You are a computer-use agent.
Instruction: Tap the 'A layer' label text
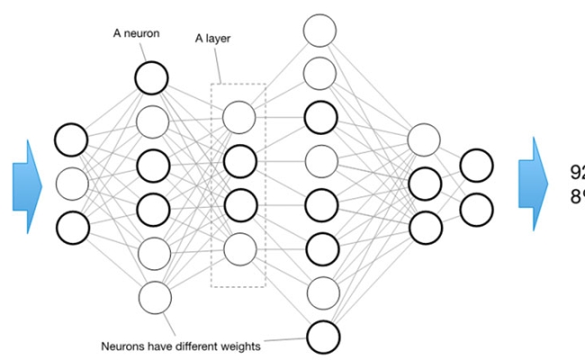point(213,39)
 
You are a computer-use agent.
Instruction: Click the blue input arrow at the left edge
point(27,184)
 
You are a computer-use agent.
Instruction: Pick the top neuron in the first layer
point(72,140)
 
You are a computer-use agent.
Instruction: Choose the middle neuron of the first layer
point(72,184)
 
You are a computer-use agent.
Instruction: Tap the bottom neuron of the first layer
point(72,227)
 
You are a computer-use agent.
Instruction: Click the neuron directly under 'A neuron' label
point(153,77)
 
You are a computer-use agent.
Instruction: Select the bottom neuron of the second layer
point(154,295)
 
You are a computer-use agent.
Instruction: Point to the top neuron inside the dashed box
point(238,117)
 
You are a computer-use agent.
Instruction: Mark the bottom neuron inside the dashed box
point(238,247)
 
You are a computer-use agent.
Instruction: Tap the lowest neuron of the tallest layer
point(322,337)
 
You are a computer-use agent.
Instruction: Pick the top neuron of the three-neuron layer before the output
point(424,139)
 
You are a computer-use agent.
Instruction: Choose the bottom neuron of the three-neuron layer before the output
point(424,226)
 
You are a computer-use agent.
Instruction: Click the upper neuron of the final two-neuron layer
point(476,165)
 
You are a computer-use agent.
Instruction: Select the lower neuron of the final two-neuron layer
point(476,208)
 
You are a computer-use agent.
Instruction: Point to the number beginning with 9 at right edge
point(578,172)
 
